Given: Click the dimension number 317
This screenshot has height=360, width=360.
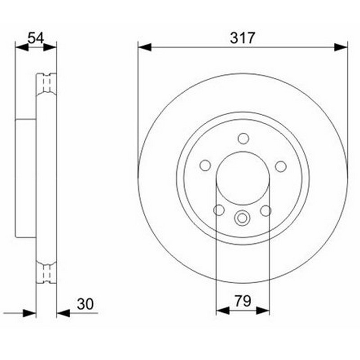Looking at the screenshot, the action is click(243, 38).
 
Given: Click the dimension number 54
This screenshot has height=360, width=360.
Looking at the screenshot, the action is click(36, 38).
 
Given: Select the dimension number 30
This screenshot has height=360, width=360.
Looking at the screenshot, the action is click(85, 304).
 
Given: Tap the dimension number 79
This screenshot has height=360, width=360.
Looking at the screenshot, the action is click(243, 301).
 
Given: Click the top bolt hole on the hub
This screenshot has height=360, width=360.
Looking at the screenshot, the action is click(243, 139).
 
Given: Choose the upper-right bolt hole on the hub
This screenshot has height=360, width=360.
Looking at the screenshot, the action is click(281, 166).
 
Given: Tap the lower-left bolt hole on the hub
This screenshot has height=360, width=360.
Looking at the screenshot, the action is click(219, 210).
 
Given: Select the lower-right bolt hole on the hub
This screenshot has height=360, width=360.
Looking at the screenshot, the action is click(266, 211).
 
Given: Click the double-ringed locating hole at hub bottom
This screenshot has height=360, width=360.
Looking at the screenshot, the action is click(242, 218).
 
